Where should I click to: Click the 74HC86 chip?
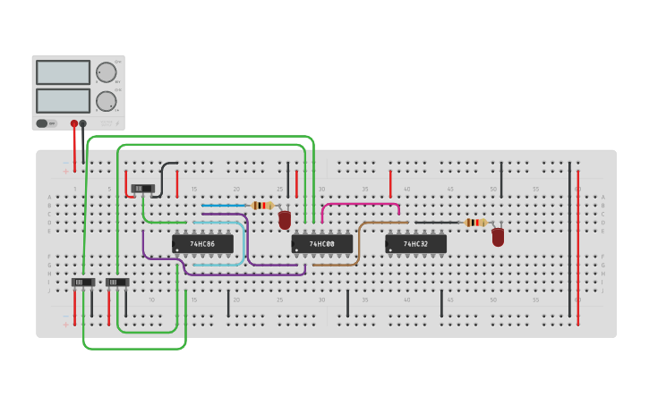tap(202, 243)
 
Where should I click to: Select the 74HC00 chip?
tap(321, 243)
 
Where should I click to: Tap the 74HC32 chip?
tap(415, 243)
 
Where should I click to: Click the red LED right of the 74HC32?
tap(498, 237)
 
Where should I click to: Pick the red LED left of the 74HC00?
tap(285, 220)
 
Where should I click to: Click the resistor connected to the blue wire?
tap(261, 206)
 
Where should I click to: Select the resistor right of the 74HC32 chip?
tap(475, 223)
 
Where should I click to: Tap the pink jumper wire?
tap(358, 205)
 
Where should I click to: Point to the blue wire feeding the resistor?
tap(224, 206)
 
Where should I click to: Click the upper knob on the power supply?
tap(106, 72)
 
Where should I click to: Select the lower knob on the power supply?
tap(106, 100)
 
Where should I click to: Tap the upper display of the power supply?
tap(63, 72)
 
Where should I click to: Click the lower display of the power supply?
tap(63, 100)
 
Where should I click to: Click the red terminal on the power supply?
tap(74, 123)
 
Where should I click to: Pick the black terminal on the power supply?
tap(83, 123)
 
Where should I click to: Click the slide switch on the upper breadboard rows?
tap(142, 188)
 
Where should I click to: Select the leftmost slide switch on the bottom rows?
tap(82, 283)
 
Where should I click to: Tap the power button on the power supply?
tap(42, 123)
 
